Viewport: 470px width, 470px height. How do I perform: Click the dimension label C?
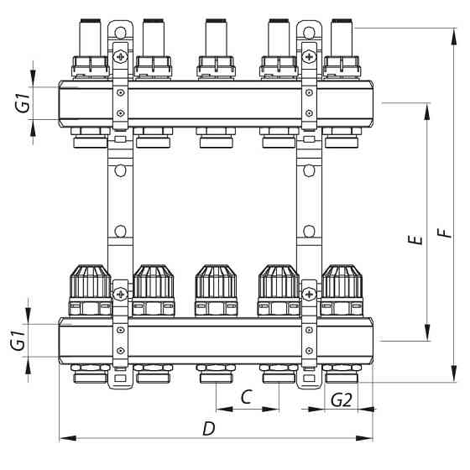coord(247,397)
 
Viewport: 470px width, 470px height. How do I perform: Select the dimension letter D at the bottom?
coord(207,428)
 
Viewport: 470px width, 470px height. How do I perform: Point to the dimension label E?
coord(412,241)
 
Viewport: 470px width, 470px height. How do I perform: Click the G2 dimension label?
coord(341,399)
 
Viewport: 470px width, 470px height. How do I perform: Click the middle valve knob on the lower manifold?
coord(215,283)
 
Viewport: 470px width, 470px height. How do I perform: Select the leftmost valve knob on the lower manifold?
coord(88,283)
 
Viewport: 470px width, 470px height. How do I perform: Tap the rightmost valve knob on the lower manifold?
coord(341,283)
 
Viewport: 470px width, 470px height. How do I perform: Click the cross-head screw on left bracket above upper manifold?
coord(122,57)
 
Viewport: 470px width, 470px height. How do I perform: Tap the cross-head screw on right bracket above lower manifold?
coord(310,294)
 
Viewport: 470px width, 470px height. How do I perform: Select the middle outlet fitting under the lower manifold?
coord(215,372)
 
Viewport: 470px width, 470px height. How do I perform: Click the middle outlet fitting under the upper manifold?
coord(215,134)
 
